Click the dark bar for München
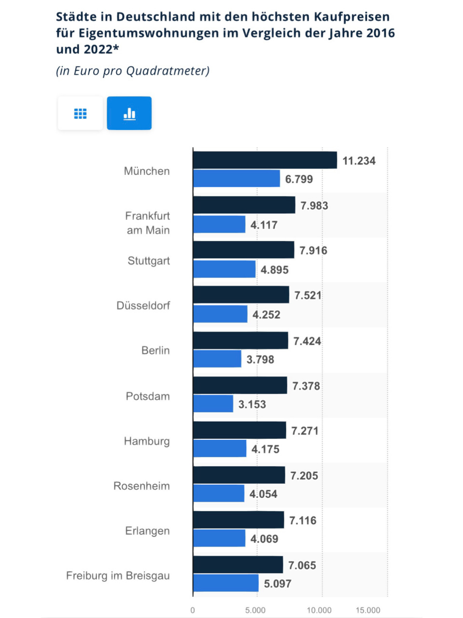coord(265,160)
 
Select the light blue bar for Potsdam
coord(213,404)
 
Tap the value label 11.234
coord(359,161)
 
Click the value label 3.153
coord(252,404)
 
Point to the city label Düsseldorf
coord(143,306)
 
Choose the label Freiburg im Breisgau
coord(118,576)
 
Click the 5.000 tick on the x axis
coord(255,610)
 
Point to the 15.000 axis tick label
coord(368,610)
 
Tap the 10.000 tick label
coord(319,610)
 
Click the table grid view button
coord(80,113)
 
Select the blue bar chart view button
coord(129,113)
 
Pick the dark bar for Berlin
coord(240,340)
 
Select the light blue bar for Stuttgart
coord(224,269)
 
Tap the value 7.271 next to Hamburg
coord(305,431)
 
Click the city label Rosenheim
coord(141,486)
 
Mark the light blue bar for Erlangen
coord(219,538)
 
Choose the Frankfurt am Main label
coord(147,223)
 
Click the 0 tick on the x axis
coord(193,610)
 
